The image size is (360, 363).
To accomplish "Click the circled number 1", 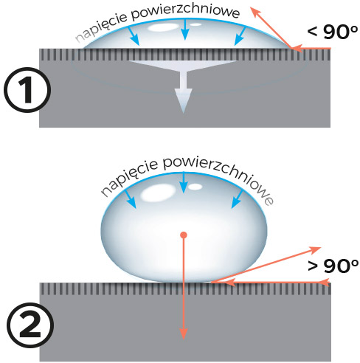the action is (x=27, y=90).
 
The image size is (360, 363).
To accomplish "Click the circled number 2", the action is (x=30, y=325).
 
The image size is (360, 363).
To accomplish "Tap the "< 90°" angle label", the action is (x=332, y=32).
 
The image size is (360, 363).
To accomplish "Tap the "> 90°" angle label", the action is (x=333, y=266).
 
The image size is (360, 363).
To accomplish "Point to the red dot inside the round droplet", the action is (x=184, y=235).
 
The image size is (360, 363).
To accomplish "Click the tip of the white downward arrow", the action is (x=184, y=113).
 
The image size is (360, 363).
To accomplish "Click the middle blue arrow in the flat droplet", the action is (x=185, y=30).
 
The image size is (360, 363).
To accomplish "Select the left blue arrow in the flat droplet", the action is (x=134, y=36).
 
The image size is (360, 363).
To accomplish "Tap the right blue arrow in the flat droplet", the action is (x=240, y=36).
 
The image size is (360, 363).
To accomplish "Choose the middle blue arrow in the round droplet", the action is (x=184, y=182).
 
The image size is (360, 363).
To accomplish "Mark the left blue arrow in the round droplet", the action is (x=131, y=199).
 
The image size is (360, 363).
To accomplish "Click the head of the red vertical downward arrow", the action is (x=184, y=333).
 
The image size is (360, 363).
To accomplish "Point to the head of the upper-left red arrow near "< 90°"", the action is (x=255, y=13).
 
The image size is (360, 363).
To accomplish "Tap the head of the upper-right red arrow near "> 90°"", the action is (x=315, y=250).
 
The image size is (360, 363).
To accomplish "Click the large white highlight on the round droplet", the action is (x=158, y=194).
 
